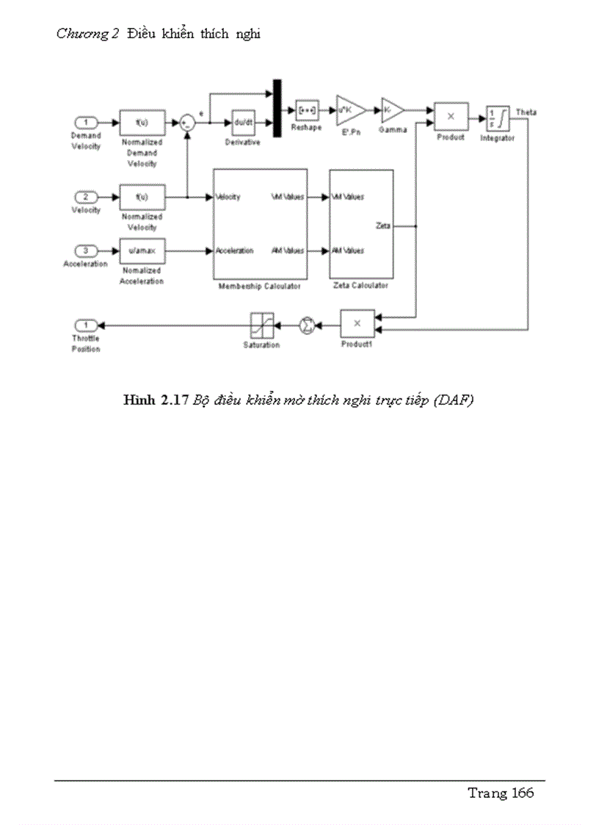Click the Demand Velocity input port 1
[86, 123]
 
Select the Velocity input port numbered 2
[86, 197]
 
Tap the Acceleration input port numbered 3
[86, 251]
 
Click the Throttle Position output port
[86, 325]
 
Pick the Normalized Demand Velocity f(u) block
[142, 123]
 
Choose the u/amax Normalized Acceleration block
[142, 251]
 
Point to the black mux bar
[277, 109]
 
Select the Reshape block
[306, 111]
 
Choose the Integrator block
[498, 118]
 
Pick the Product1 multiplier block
[357, 323]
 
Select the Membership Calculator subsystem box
[260, 223]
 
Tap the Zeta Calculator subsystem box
[360, 223]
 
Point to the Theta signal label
[526, 112]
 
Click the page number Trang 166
[501, 793]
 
